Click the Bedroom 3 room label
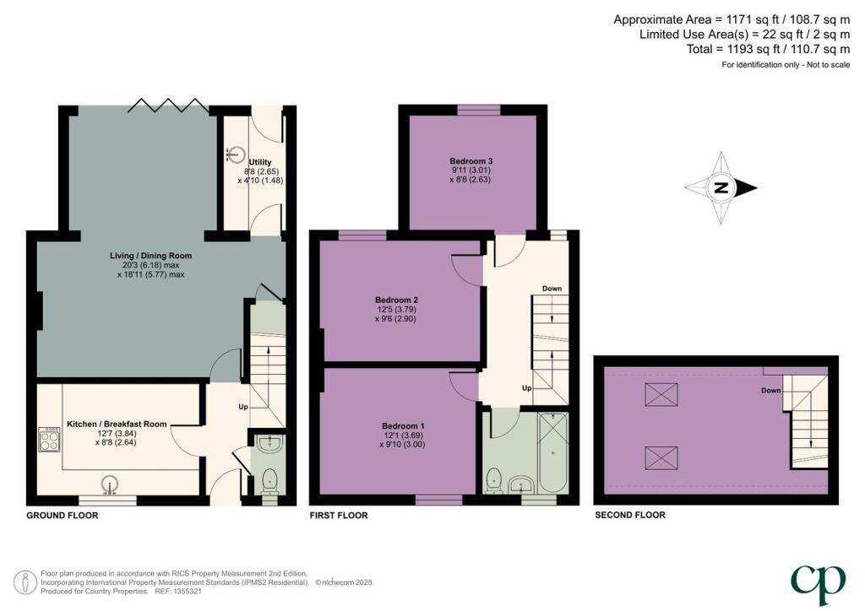(x=471, y=161)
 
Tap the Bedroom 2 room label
(x=396, y=300)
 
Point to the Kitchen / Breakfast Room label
(x=117, y=424)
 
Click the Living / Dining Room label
(x=150, y=256)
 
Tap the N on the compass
(x=721, y=188)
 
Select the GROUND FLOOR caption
(x=62, y=515)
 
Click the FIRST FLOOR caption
(x=339, y=515)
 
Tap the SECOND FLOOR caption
(x=629, y=515)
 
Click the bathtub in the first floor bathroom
(x=552, y=452)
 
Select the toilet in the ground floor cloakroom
(x=269, y=479)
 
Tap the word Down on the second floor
(x=770, y=391)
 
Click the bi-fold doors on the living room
(x=168, y=105)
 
